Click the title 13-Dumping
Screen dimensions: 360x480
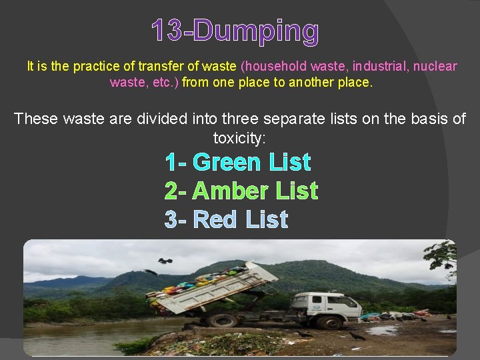[x=235, y=31]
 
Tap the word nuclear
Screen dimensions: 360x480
[x=433, y=67]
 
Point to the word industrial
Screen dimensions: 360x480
[x=377, y=67]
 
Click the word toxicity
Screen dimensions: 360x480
[x=239, y=138]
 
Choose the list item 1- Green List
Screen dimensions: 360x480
[x=238, y=162]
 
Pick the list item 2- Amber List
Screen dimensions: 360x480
[x=241, y=191]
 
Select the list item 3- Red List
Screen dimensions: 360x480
[x=227, y=219]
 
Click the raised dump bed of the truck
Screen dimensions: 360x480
[x=213, y=288]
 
